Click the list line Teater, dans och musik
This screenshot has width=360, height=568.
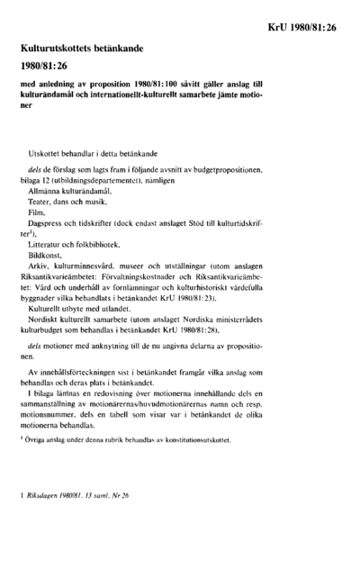pyautogui.click(x=69, y=204)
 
